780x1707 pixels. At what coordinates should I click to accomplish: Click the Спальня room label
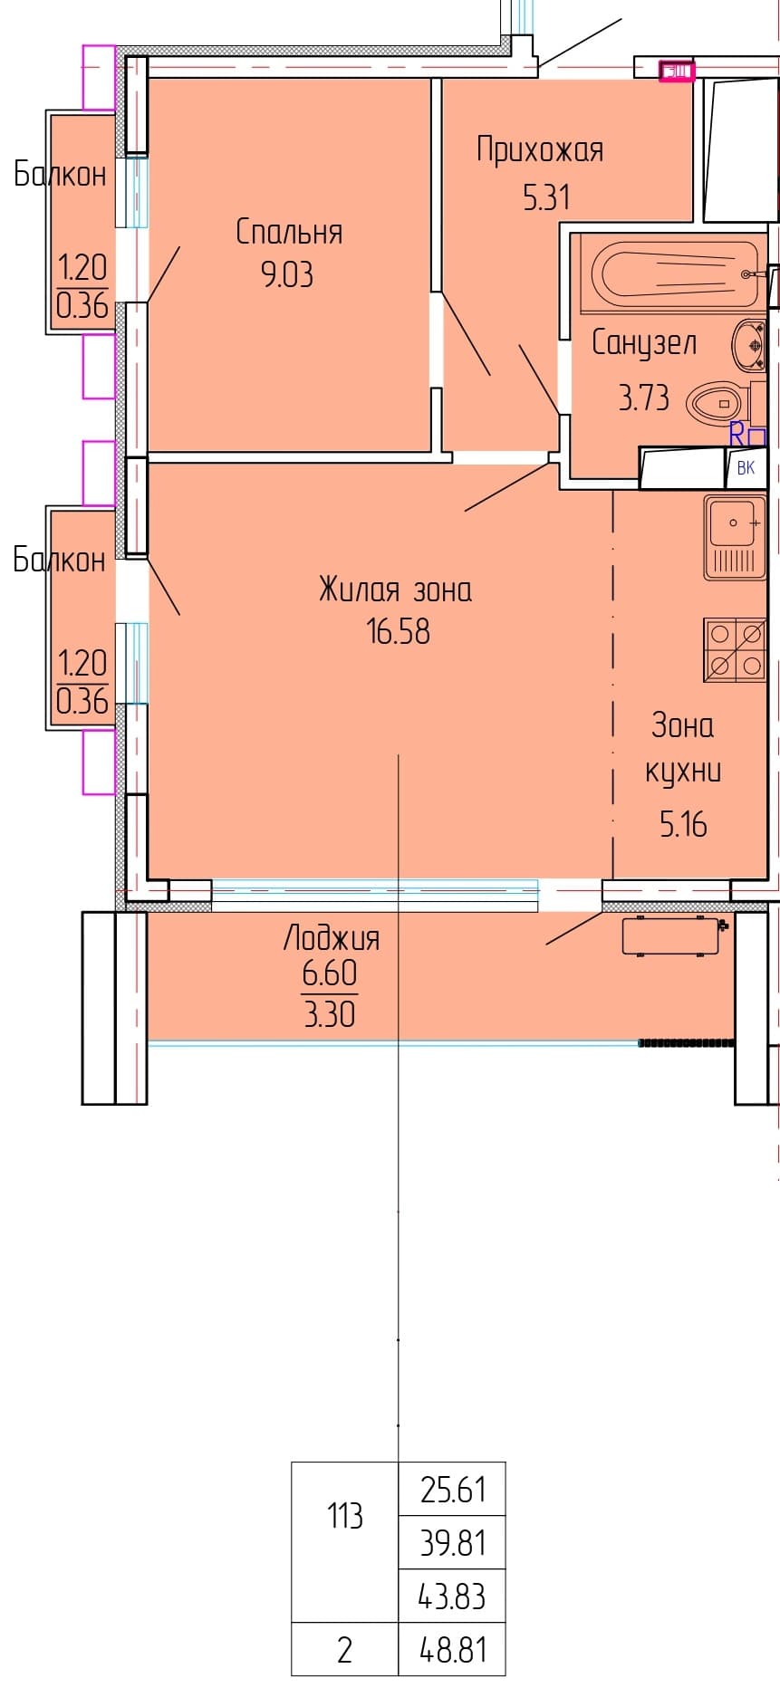point(289,232)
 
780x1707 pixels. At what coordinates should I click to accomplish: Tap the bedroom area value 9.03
point(287,273)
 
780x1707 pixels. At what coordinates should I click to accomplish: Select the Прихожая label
point(540,150)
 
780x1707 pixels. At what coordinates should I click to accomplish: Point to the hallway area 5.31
point(546,197)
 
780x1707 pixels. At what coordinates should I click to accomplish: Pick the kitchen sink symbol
point(735,537)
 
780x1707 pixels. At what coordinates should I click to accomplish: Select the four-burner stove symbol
point(735,650)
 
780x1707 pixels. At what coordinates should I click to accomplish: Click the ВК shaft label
point(746,468)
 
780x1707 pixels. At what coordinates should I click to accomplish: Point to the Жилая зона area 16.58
point(398,631)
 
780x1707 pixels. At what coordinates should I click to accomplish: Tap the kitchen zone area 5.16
point(683,824)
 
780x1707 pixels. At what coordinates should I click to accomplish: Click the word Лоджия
point(332,937)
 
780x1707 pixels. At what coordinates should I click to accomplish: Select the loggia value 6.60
point(330,973)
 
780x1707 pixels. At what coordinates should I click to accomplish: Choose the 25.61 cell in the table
point(452,1489)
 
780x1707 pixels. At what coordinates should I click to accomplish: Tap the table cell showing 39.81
point(452,1541)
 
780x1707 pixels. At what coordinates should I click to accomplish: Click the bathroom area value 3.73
point(644,397)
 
